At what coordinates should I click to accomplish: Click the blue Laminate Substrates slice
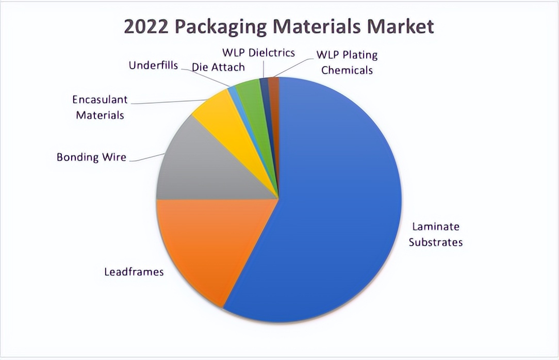[335, 206]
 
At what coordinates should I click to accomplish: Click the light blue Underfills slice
[233, 93]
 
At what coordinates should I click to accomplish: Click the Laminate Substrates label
[435, 234]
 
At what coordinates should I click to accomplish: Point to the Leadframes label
[134, 271]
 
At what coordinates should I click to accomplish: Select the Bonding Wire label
[91, 157]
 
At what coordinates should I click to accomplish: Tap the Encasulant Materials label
[100, 107]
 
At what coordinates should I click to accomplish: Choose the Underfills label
[153, 66]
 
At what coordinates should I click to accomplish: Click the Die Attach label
[218, 67]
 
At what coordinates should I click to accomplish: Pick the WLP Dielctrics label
[258, 53]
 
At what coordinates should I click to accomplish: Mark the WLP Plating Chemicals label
[347, 62]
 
